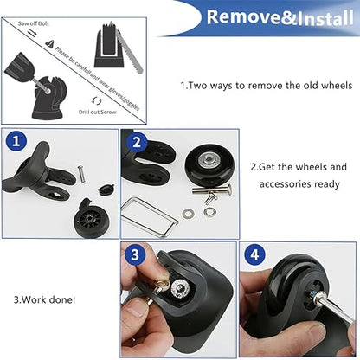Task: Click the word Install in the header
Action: coord(312,18)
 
